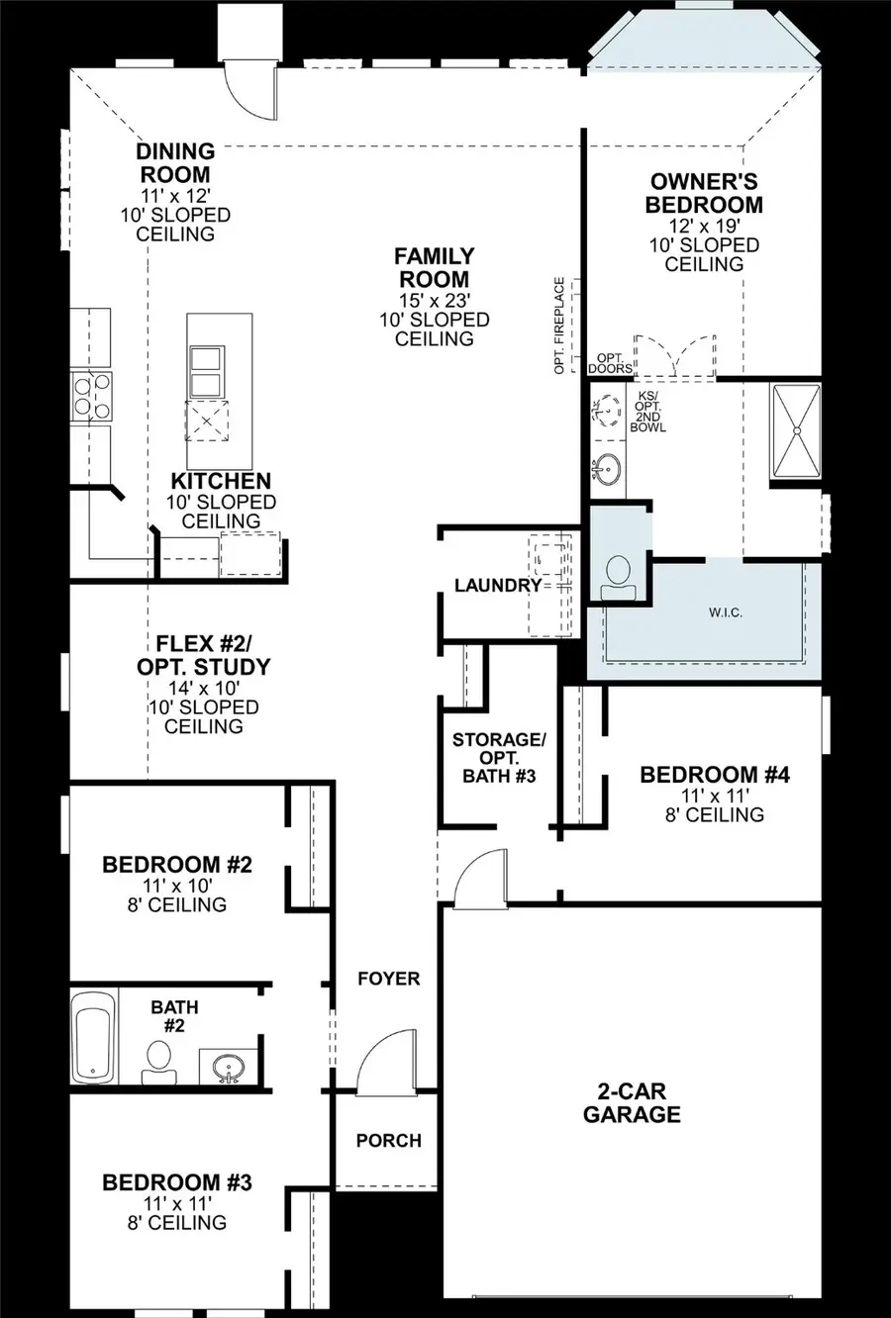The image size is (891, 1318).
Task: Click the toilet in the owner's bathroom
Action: click(x=618, y=575)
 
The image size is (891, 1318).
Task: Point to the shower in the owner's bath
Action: click(x=795, y=429)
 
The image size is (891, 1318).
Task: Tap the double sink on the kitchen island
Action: click(x=206, y=370)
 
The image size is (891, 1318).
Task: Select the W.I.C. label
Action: click(x=726, y=613)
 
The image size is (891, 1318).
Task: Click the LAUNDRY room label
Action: click(x=498, y=585)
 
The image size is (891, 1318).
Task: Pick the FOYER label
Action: click(x=388, y=978)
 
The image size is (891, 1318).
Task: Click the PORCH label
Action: click(x=388, y=1140)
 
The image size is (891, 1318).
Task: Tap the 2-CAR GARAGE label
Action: click(x=632, y=1102)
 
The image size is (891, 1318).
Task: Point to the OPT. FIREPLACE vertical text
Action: click(x=560, y=325)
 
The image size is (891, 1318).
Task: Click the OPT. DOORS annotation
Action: click(x=610, y=362)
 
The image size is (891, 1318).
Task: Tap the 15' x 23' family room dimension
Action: click(x=434, y=300)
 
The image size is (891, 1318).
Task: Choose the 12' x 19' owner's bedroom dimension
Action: click(x=704, y=225)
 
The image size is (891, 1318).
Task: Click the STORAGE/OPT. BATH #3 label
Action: click(x=499, y=757)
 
